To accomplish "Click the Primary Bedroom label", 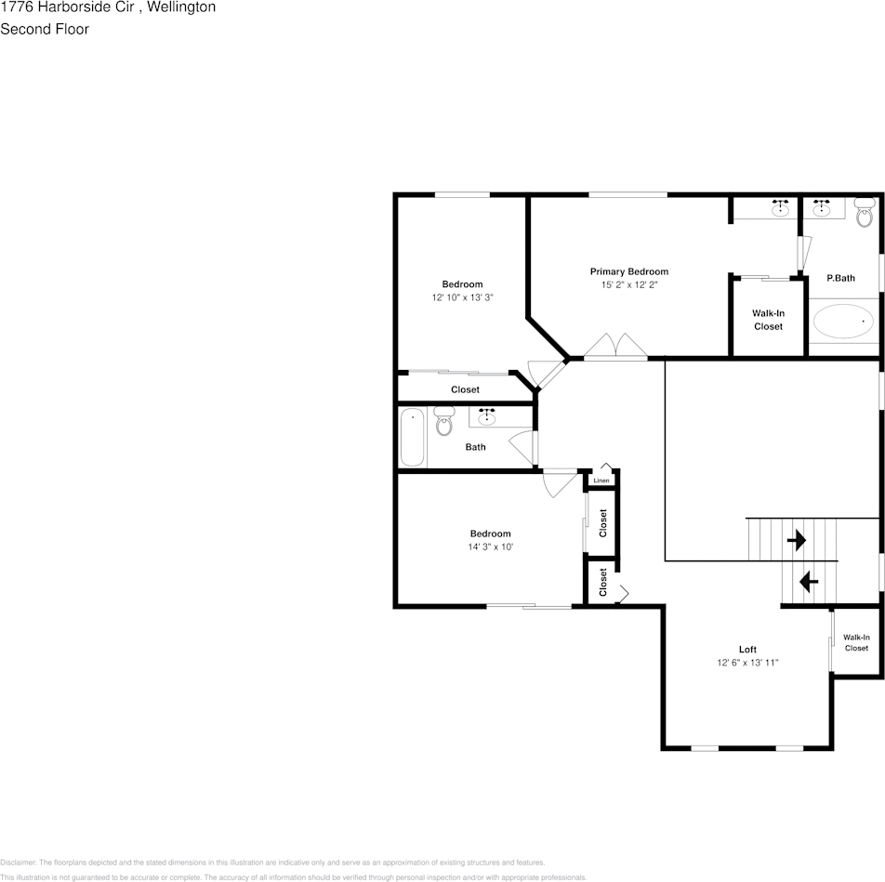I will [x=628, y=271].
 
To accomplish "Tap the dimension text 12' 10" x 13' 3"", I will [x=462, y=298].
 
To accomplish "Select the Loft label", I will [x=747, y=650].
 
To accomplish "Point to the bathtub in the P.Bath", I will [x=844, y=323].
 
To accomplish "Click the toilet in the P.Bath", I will [x=865, y=211].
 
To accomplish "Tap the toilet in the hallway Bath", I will [x=444, y=421].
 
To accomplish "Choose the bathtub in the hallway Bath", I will [x=412, y=438].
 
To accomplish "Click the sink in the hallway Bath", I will [x=487, y=417].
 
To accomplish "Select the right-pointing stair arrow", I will [x=797, y=540].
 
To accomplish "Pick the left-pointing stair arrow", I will [x=808, y=583].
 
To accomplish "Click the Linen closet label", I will [x=601, y=480].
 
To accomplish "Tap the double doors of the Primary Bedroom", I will [x=615, y=347].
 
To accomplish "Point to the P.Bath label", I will [x=840, y=278].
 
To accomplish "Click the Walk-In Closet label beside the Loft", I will [x=856, y=642].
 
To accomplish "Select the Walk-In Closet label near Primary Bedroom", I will [x=768, y=320].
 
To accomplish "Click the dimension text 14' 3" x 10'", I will [x=490, y=547].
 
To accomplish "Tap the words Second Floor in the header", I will [x=45, y=29].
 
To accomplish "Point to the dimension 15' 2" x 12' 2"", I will [x=628, y=285].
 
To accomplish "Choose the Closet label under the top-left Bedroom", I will [x=465, y=389].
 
